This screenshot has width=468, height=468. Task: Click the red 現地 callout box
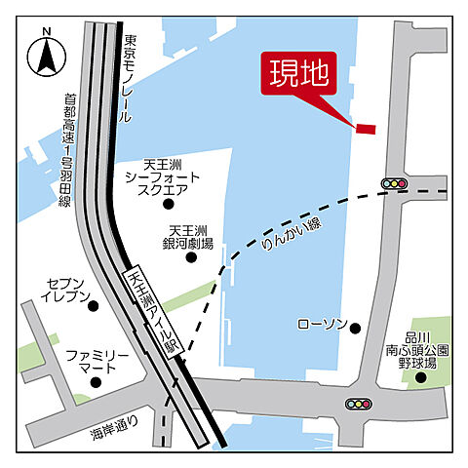point(296,74)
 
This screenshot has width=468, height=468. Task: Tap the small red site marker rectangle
point(365,128)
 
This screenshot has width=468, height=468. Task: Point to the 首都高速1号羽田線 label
point(68,150)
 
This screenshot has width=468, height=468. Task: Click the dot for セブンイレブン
point(94,305)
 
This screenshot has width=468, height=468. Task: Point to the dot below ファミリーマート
point(95,382)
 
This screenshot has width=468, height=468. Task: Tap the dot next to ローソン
point(356,329)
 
